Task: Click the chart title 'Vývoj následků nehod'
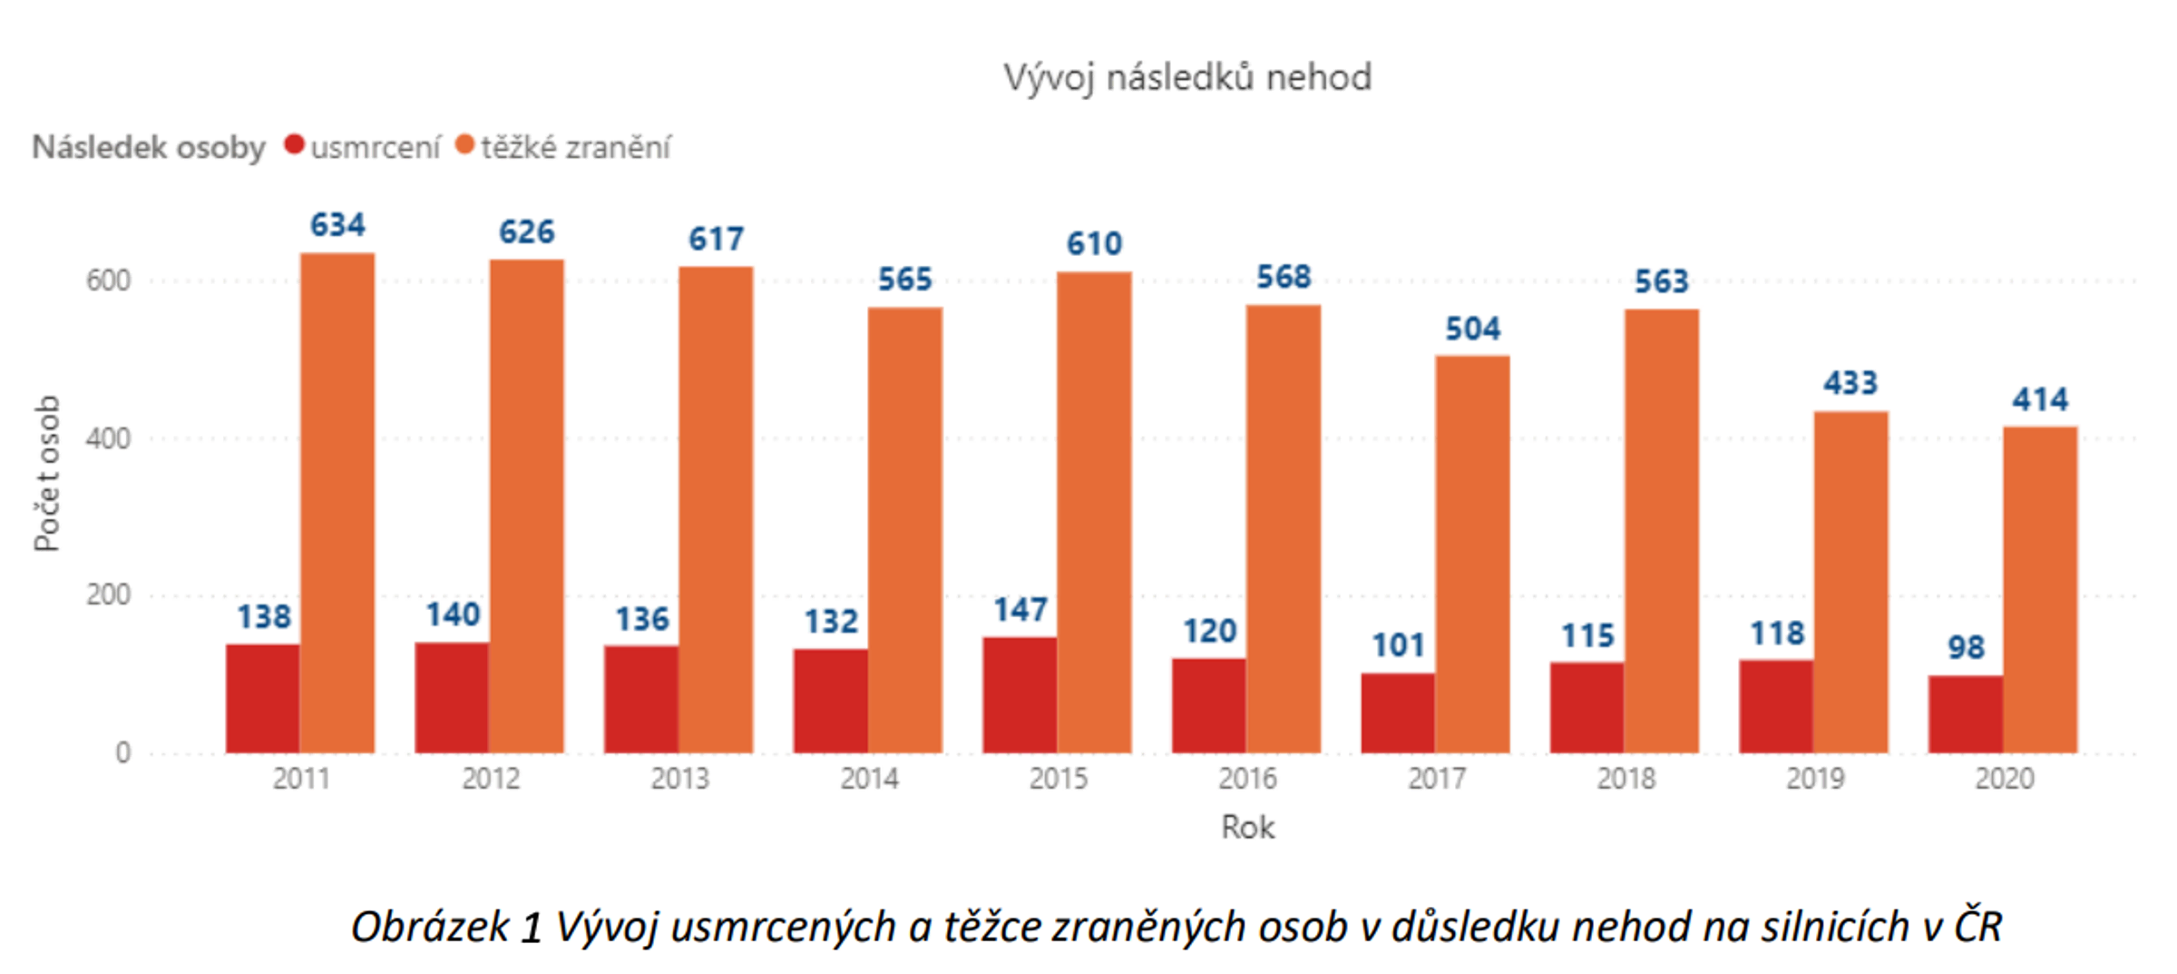click(x=1186, y=78)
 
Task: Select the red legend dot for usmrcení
click(x=294, y=144)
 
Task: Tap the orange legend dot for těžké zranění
click(x=464, y=144)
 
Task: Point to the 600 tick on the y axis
click(x=109, y=280)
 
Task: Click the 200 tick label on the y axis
click(x=109, y=595)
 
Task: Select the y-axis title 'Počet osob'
click(x=47, y=473)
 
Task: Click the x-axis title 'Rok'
click(x=1247, y=827)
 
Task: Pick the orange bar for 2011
click(x=337, y=504)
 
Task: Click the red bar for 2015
click(x=1020, y=695)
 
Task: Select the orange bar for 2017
click(x=1472, y=554)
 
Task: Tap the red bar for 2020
click(x=1966, y=714)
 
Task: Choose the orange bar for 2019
click(x=1850, y=582)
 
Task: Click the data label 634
click(x=337, y=225)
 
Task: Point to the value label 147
click(x=1020, y=610)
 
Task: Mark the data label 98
click(x=1966, y=647)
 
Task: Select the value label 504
click(x=1472, y=329)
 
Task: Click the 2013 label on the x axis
click(x=679, y=779)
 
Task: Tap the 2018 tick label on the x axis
click(x=1625, y=779)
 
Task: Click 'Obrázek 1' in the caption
click(x=446, y=927)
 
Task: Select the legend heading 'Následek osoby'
click(x=149, y=147)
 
